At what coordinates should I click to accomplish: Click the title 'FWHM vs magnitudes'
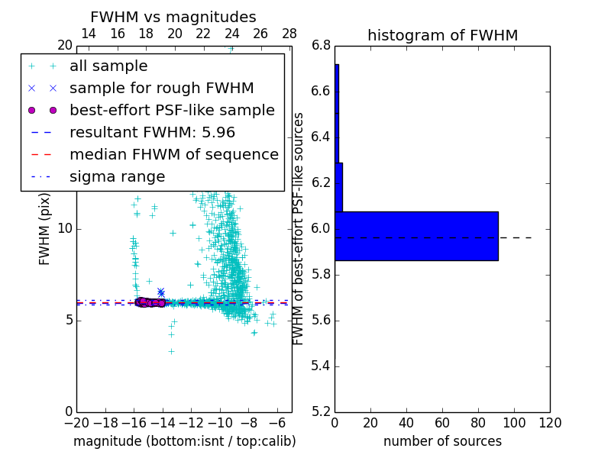(173, 17)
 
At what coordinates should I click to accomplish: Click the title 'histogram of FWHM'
(442, 35)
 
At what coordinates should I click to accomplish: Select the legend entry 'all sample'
(108, 66)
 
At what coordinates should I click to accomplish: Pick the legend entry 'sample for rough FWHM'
(162, 89)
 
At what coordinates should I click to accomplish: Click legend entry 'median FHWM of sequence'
(174, 155)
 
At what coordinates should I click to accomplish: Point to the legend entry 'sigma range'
(117, 177)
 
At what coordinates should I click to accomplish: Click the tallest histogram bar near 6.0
(416, 236)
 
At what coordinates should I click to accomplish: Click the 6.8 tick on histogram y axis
(322, 46)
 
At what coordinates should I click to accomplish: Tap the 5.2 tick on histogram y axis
(322, 411)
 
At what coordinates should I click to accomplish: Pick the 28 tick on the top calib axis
(289, 34)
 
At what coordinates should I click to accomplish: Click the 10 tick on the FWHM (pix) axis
(65, 229)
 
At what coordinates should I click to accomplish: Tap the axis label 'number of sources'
(442, 441)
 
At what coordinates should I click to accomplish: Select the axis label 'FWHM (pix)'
(45, 229)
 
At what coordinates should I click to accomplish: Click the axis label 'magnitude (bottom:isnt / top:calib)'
(184, 441)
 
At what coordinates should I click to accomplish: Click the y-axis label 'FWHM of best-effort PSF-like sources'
(299, 229)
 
